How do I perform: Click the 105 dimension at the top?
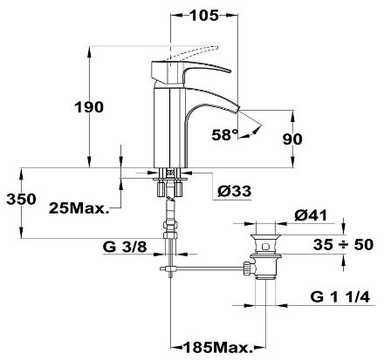point(203,15)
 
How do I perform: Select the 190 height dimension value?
point(89,107)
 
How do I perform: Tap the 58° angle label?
point(225,135)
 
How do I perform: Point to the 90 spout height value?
point(292,139)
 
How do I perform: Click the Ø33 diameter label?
point(235,191)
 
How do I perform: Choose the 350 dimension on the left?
point(22,200)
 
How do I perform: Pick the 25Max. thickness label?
point(79,208)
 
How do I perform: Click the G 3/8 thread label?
point(125,248)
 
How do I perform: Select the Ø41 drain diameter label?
point(311,215)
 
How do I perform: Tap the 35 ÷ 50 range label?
point(343,245)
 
